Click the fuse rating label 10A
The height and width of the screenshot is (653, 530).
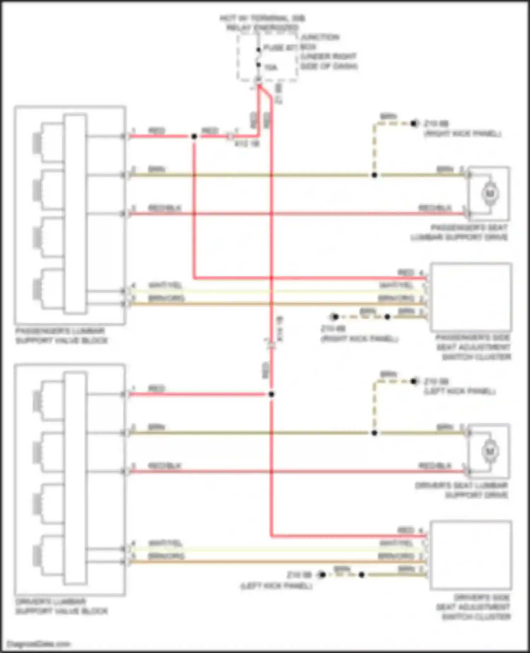[x=271, y=67]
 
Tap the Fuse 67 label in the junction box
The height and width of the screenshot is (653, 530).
[x=279, y=48]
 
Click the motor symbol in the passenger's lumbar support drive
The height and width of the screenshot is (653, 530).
[x=490, y=193]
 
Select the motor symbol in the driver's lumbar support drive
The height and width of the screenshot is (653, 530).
[x=490, y=451]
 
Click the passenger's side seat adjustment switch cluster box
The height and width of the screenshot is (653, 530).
[x=471, y=297]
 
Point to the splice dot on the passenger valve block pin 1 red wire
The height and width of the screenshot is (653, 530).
[x=194, y=136]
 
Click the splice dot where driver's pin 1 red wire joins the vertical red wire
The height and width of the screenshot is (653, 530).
[x=271, y=394]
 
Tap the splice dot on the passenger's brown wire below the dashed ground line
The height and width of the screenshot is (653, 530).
[x=374, y=175]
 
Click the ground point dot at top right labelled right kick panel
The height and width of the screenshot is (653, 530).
[x=414, y=123]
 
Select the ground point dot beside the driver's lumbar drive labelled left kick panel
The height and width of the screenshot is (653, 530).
[x=414, y=381]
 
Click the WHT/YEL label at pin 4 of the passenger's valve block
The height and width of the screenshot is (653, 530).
[x=165, y=285]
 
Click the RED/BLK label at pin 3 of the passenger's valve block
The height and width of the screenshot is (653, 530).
[x=164, y=208]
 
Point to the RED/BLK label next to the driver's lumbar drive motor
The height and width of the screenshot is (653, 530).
[x=435, y=466]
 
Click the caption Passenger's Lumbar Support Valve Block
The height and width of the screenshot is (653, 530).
[x=61, y=336]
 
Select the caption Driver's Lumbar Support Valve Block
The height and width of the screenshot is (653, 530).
[x=61, y=606]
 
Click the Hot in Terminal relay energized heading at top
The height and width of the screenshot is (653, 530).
[x=262, y=23]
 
